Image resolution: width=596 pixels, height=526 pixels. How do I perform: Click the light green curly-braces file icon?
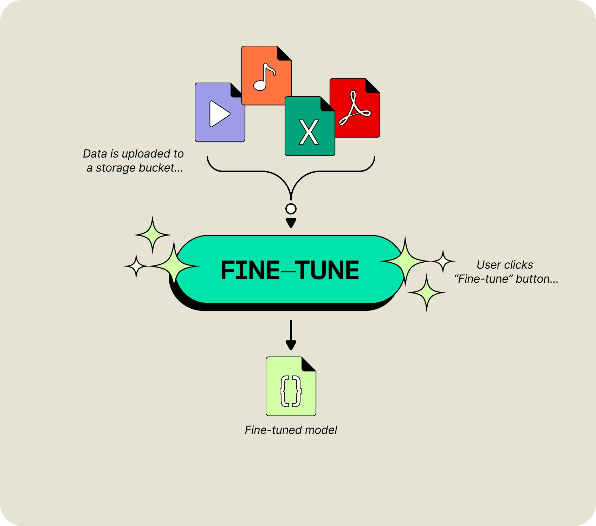tap(291, 387)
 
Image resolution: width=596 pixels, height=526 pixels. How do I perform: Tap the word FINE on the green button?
tap(250, 270)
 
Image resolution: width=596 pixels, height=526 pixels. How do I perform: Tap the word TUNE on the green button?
tap(328, 270)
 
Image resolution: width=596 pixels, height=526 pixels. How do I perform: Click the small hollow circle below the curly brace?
tap(291, 209)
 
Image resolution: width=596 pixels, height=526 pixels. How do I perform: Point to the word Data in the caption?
tap(95, 154)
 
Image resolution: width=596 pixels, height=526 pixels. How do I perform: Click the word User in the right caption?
tap(488, 265)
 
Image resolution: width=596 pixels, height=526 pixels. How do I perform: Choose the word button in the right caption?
tap(537, 279)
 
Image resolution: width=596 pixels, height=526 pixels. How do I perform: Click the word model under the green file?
tap(321, 430)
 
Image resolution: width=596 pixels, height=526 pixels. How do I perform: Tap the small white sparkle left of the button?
tap(136, 266)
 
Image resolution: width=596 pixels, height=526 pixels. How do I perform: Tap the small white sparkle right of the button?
tap(443, 261)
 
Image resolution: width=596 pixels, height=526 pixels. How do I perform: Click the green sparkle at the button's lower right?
tap(427, 293)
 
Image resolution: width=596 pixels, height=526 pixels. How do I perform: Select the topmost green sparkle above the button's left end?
tap(153, 235)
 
